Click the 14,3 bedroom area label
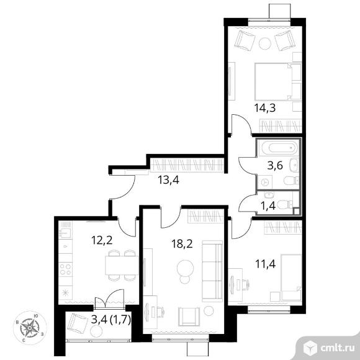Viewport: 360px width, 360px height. click(265, 107)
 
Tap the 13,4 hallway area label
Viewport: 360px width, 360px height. click(168, 180)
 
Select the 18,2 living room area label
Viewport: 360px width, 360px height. click(182, 244)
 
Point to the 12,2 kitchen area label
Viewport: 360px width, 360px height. click(102, 240)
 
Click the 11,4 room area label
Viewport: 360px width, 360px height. click(266, 264)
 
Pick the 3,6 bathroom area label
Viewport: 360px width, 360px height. click(275, 166)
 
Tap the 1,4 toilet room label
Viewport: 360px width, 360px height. click(268, 206)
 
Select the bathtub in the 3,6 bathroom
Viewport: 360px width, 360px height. click(278, 147)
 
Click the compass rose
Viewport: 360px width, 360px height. click(30, 327)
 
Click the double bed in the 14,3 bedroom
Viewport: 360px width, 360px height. click(278, 82)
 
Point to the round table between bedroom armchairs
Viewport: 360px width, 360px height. click(264, 43)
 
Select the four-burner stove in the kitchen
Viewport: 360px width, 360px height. click(65, 269)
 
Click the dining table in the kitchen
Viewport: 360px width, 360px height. click(122, 265)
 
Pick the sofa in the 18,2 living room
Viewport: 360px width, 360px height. click(212, 271)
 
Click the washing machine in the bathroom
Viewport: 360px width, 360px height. click(265, 182)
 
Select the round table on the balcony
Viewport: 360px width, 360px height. click(96, 331)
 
